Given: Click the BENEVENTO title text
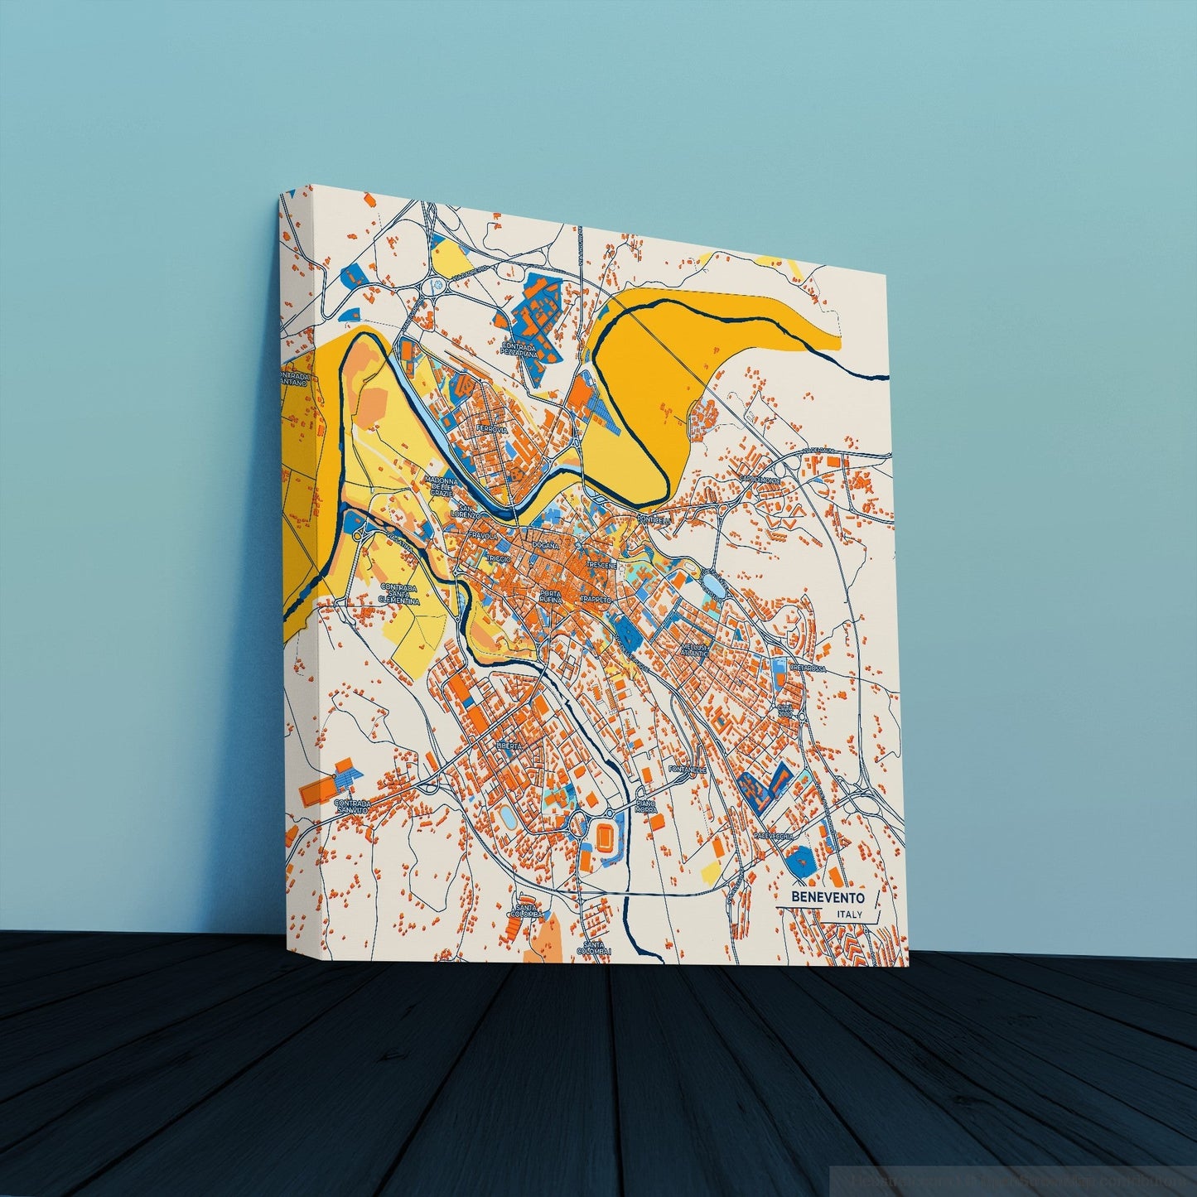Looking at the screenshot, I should pos(828,896).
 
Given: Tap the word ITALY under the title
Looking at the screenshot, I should pos(850,915).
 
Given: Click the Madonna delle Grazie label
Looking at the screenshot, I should pos(441,486).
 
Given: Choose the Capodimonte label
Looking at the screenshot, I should pos(760,480).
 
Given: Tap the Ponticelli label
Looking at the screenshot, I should pos(654,519).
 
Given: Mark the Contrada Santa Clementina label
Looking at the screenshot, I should pos(399,595).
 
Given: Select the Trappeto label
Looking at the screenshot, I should pos(596,598).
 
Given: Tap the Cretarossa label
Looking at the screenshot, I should pos(809,667).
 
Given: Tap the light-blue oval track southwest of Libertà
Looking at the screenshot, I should pos(506,818).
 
